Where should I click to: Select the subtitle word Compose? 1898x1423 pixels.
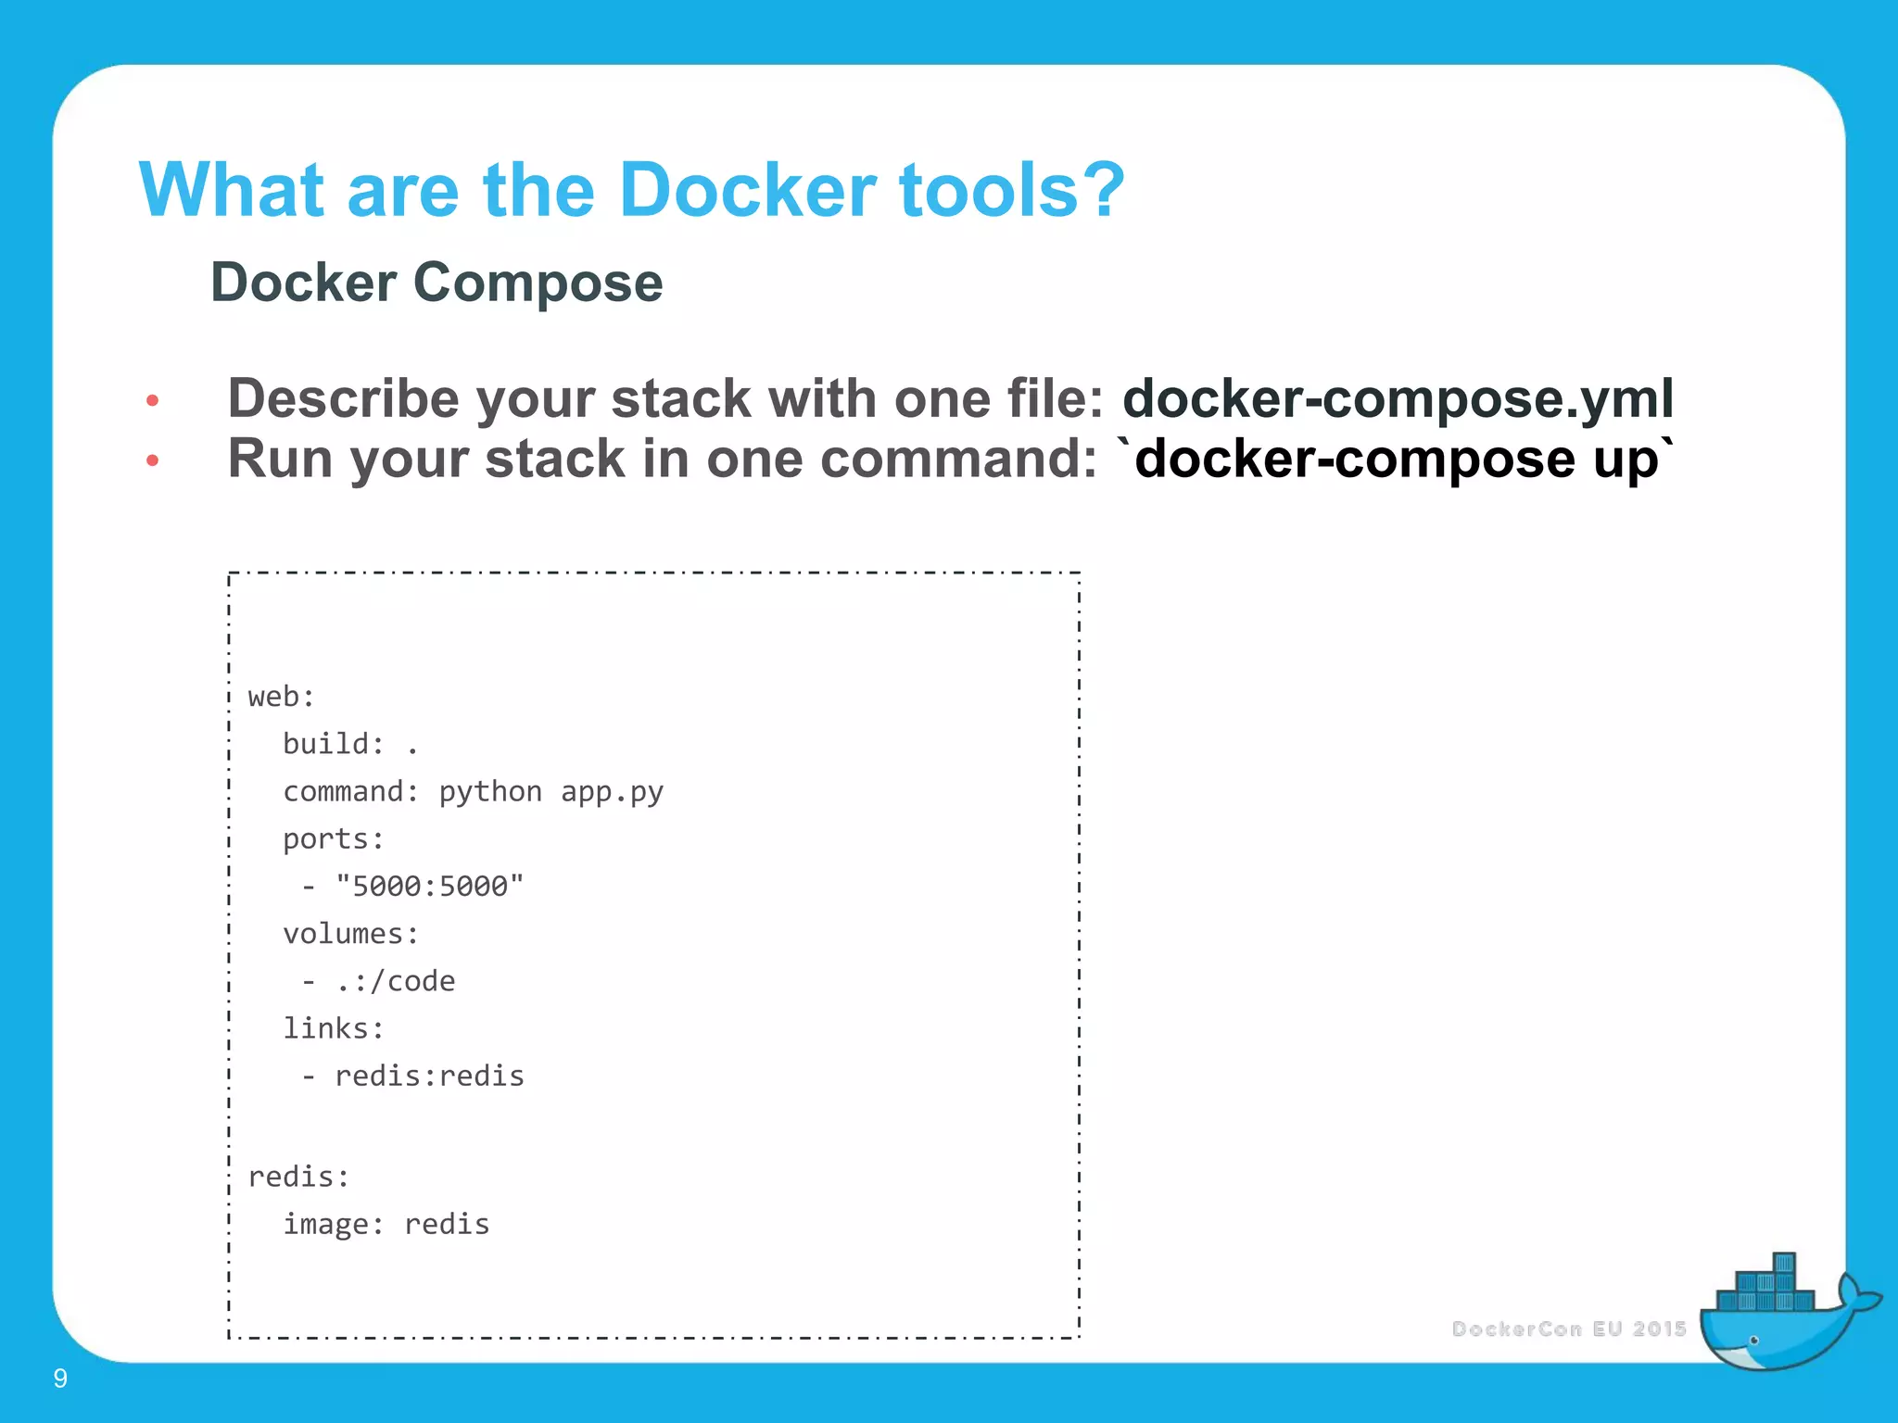coord(538,283)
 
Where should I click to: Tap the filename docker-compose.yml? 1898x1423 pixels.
coord(1398,399)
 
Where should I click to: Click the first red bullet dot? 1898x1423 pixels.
coord(153,401)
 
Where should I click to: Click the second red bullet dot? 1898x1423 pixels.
coord(153,460)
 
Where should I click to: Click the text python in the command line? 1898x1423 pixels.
coord(490,792)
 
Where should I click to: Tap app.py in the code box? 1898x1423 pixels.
coord(612,792)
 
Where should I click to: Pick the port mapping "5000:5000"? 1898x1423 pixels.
coord(429,887)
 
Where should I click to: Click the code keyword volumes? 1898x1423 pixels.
coord(350,934)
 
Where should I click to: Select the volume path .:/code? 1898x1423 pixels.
coord(396,981)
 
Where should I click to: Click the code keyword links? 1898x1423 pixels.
coord(333,1028)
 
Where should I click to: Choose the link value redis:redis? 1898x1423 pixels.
coord(429,1077)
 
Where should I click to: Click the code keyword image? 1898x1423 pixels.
coord(333,1225)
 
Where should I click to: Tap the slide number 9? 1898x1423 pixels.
coord(60,1379)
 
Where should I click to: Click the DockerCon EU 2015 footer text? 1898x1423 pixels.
coord(1568,1329)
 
